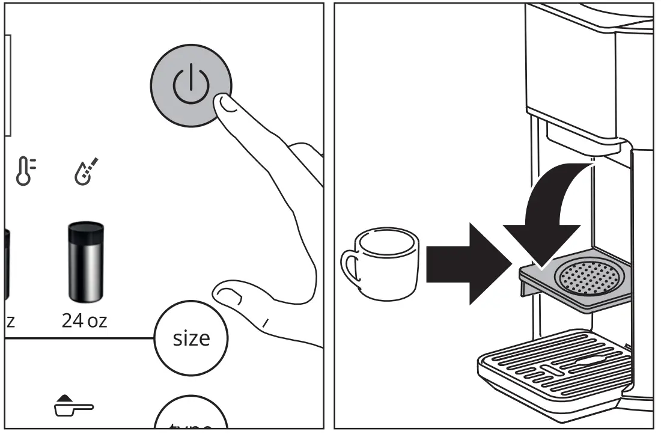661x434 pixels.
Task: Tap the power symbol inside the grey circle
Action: click(x=191, y=85)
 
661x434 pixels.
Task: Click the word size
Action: click(x=191, y=338)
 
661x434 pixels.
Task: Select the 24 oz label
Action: click(x=84, y=320)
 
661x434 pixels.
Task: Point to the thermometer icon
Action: click(x=25, y=170)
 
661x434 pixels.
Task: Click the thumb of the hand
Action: click(x=228, y=295)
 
